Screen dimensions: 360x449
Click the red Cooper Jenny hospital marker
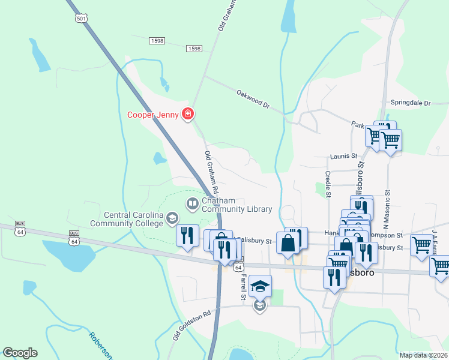(188, 113)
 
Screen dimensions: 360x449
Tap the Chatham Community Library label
(237, 205)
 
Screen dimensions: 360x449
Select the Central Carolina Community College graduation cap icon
(172, 218)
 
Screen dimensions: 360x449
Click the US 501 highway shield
(81, 19)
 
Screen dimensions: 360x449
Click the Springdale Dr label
(411, 103)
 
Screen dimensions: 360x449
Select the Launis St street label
(344, 156)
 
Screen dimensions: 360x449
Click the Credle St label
(328, 184)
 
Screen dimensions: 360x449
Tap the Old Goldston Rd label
(192, 325)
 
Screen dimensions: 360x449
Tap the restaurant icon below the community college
(187, 235)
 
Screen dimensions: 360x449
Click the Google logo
(20, 353)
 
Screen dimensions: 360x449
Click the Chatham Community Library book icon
(193, 204)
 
